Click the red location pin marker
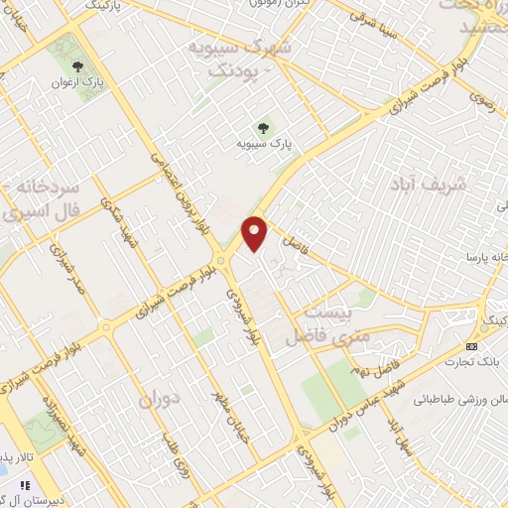256,232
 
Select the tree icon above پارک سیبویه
263,127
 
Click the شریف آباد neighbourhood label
428,186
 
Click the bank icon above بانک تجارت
471,345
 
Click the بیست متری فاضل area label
321,324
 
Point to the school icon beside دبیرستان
26,485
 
